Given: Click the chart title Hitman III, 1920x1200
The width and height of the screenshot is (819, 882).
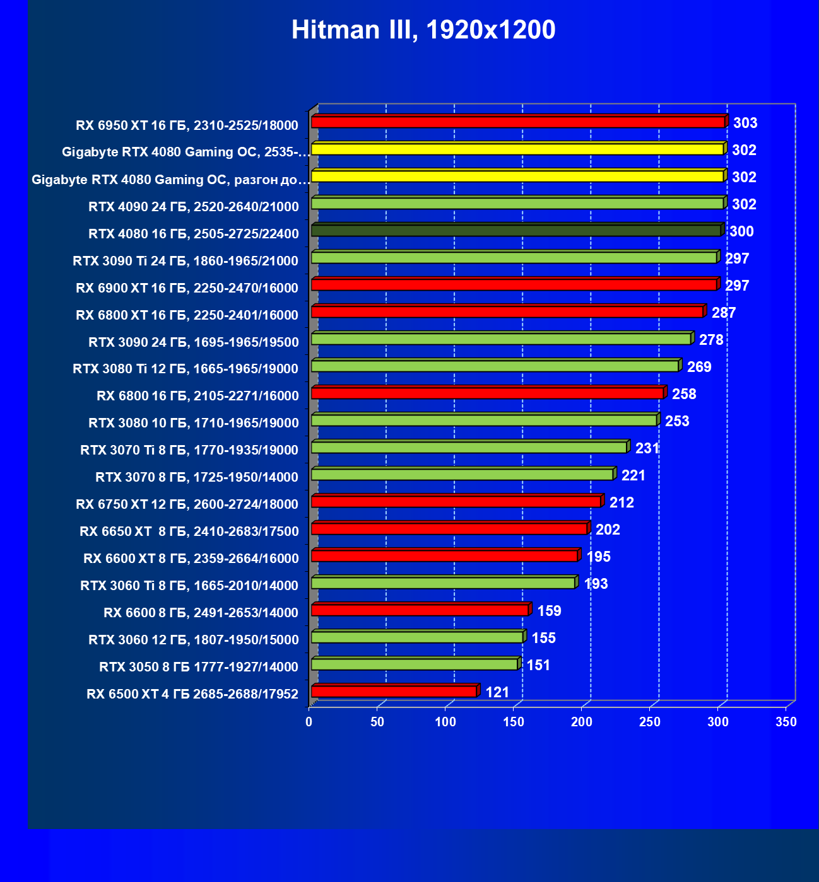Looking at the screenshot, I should click(x=423, y=30).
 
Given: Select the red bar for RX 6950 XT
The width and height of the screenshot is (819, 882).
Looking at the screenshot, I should click(x=517, y=122).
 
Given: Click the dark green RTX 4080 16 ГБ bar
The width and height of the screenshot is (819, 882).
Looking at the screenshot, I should click(x=516, y=231).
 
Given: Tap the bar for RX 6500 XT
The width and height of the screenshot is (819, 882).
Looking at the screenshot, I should click(x=394, y=692).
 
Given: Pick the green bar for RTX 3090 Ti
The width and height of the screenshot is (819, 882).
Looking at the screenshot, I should click(x=514, y=258).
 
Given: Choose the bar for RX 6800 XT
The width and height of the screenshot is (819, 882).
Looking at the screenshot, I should click(x=507, y=312).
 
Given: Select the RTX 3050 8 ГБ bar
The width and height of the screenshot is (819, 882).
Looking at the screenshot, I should click(x=414, y=664).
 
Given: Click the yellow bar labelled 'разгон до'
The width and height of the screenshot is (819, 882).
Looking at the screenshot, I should click(x=517, y=177).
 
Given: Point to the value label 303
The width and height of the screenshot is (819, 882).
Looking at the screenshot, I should click(x=745, y=123).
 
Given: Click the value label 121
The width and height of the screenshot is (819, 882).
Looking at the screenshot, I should click(x=497, y=692).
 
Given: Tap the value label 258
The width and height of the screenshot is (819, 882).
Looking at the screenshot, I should click(x=684, y=394).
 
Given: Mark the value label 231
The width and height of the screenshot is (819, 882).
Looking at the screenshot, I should click(x=647, y=448).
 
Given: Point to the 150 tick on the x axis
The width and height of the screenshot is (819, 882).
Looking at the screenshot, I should click(x=514, y=722).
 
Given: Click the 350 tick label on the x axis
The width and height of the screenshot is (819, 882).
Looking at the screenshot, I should click(x=786, y=722).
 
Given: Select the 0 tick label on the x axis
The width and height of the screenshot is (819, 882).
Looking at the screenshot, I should click(x=309, y=722).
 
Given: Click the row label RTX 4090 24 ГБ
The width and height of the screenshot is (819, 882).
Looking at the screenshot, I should click(x=194, y=206).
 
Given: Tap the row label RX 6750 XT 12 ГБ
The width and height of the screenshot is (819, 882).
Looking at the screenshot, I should click(x=187, y=504).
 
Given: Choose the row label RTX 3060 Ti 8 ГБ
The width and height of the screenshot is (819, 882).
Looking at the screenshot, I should click(x=189, y=585).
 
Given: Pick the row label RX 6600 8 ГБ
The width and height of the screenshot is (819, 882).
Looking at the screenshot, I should click(x=201, y=612).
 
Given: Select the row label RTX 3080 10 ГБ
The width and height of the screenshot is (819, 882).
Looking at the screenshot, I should click(x=194, y=422).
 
